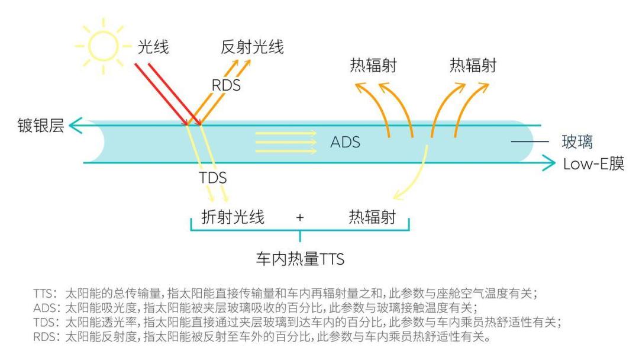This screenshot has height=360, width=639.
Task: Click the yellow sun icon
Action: coord(103,46)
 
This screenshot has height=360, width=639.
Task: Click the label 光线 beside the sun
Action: coord(153,47)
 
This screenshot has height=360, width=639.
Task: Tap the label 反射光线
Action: coord(252,47)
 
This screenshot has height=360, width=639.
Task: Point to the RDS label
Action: coord(226,85)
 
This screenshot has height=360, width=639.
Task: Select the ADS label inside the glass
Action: coord(345,142)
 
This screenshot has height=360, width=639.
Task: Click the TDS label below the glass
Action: coord(213,178)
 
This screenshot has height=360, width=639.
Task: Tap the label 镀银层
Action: coord(41,125)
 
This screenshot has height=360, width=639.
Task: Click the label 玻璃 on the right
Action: coord(577,142)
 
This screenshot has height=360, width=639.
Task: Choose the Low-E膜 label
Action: coord(594,164)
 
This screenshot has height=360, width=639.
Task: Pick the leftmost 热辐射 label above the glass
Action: coord(373,65)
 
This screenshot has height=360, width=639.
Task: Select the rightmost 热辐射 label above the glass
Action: coord(473,65)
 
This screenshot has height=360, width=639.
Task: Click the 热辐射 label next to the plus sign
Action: coord(373,217)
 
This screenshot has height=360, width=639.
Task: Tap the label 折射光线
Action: coord(233,217)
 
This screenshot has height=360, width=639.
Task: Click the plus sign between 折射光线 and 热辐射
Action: coord(300,218)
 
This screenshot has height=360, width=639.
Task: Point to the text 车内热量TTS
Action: coord(301,259)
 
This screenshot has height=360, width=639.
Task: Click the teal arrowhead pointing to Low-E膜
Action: coord(548,163)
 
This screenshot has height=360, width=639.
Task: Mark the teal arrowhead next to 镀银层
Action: coord(75,125)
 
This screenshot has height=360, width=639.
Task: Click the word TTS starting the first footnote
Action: coord(43,294)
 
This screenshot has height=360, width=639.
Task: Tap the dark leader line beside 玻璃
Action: coord(530,142)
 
